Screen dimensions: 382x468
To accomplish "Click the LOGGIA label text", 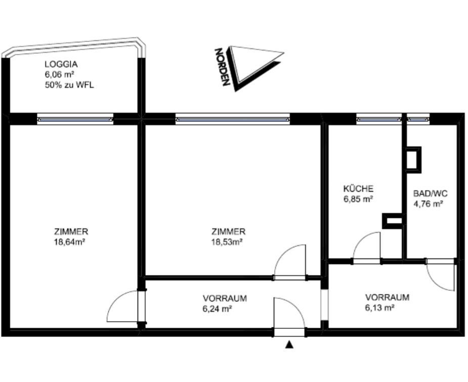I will tap(61, 65).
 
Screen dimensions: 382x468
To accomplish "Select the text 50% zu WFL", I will tap(69, 85).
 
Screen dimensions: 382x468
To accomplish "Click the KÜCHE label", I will tap(358, 189).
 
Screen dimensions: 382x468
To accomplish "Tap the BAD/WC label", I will tap(430, 194).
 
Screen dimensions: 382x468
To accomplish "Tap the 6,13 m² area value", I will tap(380, 307).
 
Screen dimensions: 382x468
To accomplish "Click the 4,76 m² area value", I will tap(428, 204).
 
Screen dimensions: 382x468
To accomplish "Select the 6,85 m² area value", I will tap(358, 199).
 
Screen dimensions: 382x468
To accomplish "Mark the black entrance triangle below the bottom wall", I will tap(289, 345).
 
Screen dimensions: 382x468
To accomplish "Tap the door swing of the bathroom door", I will tap(439, 276).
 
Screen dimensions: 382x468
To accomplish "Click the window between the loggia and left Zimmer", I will tap(75, 119).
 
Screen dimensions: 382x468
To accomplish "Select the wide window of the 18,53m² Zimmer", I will tap(233, 119).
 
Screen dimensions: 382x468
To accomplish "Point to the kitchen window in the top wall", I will tap(378, 119).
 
